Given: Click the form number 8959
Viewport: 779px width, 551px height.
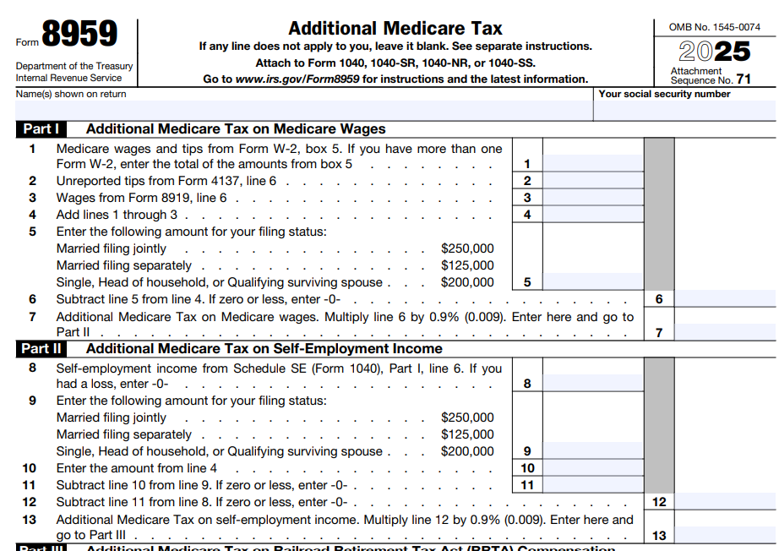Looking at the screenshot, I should click(x=80, y=35).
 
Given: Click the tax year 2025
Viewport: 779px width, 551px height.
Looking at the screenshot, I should click(x=715, y=52).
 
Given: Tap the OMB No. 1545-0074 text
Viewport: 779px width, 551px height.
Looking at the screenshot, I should click(x=715, y=27).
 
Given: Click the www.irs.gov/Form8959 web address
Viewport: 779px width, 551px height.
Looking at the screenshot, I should click(x=297, y=79).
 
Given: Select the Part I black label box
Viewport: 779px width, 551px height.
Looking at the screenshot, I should click(x=41, y=129).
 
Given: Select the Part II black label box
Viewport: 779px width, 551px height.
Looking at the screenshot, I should click(x=41, y=348).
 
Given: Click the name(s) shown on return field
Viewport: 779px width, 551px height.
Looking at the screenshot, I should click(x=304, y=110).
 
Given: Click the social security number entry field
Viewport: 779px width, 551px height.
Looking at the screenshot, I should click(x=684, y=110).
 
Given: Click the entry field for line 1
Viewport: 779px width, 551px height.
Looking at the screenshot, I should click(x=592, y=164).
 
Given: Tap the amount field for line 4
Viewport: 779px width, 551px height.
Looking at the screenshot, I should click(x=592, y=215).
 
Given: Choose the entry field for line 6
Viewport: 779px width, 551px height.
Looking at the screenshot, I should click(x=725, y=299).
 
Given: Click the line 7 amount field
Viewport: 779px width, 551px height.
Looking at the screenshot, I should click(x=725, y=332).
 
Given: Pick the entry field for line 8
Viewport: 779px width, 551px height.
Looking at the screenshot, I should click(x=592, y=384).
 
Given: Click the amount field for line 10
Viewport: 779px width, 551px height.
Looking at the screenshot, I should click(x=592, y=468).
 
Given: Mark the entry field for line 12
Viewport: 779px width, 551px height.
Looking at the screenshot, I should click(x=725, y=502).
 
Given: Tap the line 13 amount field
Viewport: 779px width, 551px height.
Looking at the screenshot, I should click(x=725, y=535).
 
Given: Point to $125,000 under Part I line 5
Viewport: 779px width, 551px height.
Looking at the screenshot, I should click(x=467, y=265).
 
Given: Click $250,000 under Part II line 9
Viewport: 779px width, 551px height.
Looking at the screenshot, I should click(x=467, y=417).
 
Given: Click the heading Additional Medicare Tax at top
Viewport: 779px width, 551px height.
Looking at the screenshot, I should click(x=395, y=28).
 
